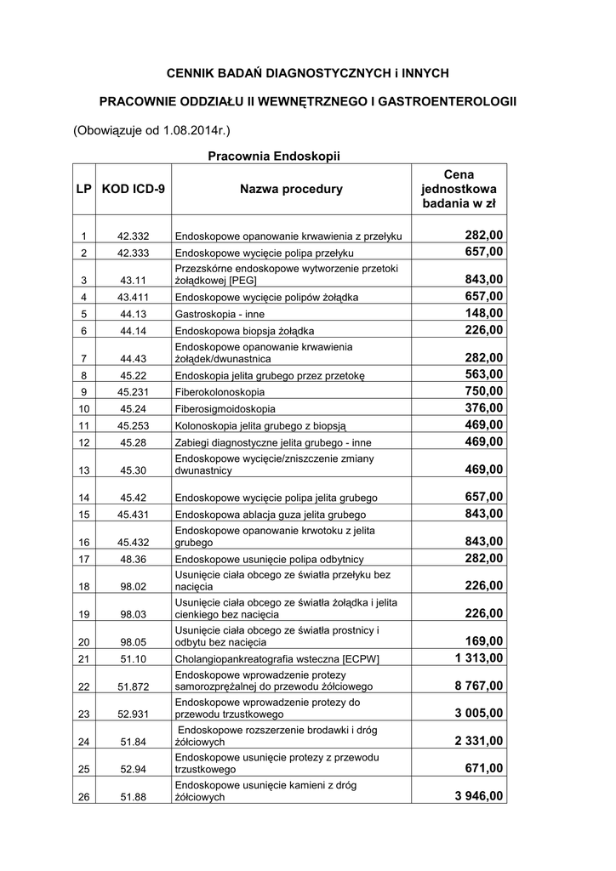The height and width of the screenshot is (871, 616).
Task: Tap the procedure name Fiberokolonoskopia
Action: (x=219, y=393)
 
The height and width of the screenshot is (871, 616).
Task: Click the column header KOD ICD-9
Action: (x=134, y=189)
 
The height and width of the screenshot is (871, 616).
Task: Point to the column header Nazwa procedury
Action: (x=291, y=189)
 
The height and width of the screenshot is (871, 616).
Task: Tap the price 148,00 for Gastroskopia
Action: (x=483, y=313)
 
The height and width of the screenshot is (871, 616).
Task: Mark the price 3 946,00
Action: (x=471, y=796)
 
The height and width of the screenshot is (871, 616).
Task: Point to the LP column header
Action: (x=83, y=189)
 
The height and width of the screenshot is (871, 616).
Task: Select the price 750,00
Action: (x=483, y=391)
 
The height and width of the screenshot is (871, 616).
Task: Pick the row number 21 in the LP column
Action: (x=83, y=659)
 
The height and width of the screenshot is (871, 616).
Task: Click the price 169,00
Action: (x=483, y=640)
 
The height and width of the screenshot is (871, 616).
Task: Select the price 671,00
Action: (x=483, y=768)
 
